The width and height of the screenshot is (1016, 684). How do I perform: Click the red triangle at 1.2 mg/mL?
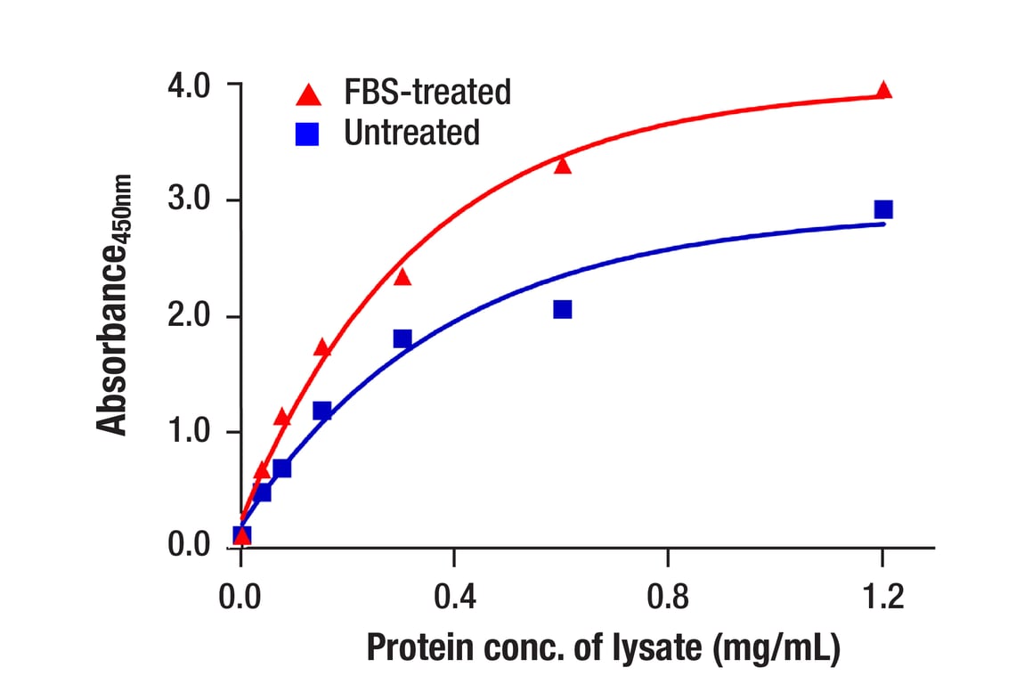(x=883, y=90)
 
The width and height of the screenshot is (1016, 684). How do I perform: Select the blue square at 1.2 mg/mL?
(x=883, y=209)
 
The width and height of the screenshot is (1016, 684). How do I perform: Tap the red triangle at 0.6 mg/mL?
(x=562, y=165)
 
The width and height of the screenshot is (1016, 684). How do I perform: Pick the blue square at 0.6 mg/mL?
(x=562, y=309)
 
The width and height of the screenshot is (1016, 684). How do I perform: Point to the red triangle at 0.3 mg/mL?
(x=402, y=277)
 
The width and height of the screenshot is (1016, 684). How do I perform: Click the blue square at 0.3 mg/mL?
(x=402, y=338)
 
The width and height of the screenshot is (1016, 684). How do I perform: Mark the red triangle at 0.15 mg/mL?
(x=322, y=348)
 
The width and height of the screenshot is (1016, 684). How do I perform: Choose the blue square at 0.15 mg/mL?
(x=322, y=411)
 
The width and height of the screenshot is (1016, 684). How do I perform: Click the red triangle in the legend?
(x=308, y=93)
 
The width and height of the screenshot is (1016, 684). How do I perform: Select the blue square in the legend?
(x=308, y=134)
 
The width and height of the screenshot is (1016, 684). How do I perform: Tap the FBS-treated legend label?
(x=427, y=92)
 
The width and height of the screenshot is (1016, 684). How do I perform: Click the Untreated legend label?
(x=411, y=133)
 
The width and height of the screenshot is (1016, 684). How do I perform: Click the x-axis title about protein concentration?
(x=603, y=647)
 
